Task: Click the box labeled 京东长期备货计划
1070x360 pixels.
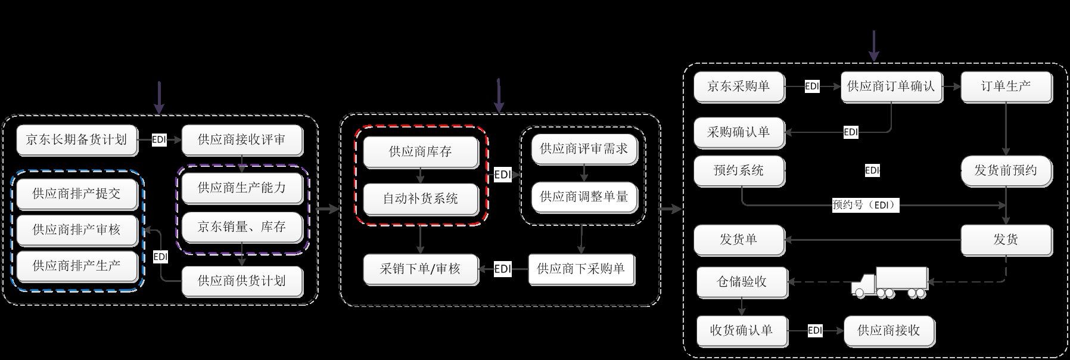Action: click(76, 140)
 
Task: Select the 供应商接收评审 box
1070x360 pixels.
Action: click(241, 140)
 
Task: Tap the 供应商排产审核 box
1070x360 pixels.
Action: click(76, 229)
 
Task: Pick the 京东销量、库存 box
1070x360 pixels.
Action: click(241, 226)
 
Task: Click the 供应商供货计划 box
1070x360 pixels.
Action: click(241, 281)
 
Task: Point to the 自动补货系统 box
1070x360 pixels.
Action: click(420, 198)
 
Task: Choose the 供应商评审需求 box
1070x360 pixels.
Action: click(583, 149)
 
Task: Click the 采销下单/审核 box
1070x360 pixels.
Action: click(420, 269)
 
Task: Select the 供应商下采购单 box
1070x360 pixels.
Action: click(581, 269)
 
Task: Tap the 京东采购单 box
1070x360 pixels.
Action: click(738, 86)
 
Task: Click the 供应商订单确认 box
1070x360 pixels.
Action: click(891, 86)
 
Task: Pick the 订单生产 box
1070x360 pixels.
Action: click(1006, 86)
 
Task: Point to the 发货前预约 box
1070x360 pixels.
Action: click(1006, 170)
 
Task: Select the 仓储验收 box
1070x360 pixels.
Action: click(741, 281)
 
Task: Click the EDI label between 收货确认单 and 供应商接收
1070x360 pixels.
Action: click(815, 330)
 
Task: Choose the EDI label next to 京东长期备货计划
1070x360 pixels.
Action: click(159, 140)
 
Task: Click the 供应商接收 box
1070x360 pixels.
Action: click(888, 330)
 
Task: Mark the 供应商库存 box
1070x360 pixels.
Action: click(420, 151)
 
